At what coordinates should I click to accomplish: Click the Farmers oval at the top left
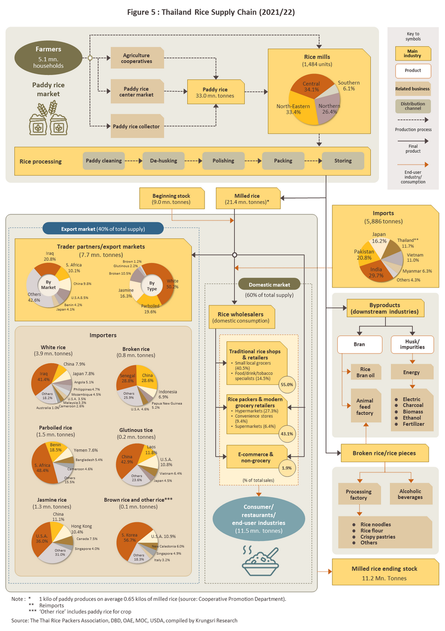[48, 57]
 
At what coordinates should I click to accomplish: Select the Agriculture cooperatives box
[137, 58]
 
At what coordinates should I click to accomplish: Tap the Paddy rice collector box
[137, 126]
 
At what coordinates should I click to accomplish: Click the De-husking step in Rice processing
[163, 161]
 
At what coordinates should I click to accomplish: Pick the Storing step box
[343, 161]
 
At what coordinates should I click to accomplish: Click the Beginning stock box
[172, 199]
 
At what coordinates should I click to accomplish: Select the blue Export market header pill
[103, 228]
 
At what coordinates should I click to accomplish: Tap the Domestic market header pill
[269, 284]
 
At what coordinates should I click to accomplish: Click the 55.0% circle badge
[287, 384]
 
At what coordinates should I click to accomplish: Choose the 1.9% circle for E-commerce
[287, 468]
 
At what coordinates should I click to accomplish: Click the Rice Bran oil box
[366, 372]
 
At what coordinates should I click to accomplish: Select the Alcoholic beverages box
[411, 494]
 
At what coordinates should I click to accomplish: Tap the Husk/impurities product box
[412, 344]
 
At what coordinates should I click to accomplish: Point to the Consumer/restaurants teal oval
[259, 518]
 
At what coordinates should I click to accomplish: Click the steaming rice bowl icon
[260, 561]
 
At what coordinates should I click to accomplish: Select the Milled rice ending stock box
[385, 572]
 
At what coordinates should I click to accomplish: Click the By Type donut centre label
[152, 286]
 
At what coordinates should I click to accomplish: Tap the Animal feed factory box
[366, 406]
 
